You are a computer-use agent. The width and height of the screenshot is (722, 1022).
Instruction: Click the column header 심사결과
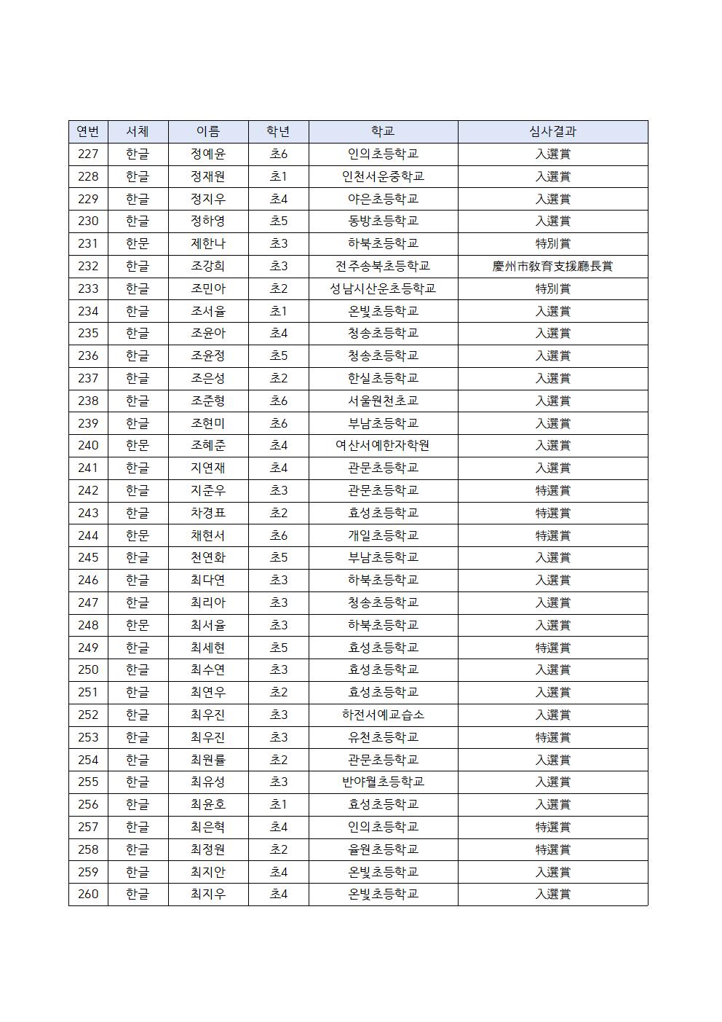point(552,132)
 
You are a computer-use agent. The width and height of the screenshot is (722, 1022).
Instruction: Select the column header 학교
point(383,132)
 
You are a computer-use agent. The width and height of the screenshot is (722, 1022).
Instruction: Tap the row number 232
point(88,267)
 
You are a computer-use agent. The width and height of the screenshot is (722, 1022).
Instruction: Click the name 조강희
point(208,267)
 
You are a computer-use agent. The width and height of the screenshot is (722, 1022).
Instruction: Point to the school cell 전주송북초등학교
point(383,267)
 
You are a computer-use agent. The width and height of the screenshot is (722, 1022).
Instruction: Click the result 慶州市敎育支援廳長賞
point(552,267)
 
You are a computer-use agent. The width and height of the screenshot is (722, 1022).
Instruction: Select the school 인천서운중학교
point(383,177)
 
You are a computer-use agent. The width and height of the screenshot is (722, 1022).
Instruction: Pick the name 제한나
point(208,244)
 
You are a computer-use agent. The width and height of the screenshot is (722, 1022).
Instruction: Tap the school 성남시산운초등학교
point(383,289)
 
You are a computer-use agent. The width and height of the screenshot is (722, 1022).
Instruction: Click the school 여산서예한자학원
point(383,446)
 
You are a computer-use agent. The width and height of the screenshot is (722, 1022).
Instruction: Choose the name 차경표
point(208,513)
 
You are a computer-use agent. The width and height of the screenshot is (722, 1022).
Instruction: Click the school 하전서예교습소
point(383,715)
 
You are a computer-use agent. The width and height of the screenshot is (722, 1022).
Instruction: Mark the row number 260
point(88,895)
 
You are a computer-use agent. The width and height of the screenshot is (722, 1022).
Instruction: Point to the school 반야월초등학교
point(383,782)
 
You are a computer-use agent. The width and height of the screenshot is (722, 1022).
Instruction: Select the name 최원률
point(208,760)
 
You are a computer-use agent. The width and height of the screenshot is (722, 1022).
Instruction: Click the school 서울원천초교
point(383,401)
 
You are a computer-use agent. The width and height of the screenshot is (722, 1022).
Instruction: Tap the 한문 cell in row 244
point(138,535)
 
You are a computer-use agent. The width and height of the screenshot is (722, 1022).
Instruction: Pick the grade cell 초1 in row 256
point(279,805)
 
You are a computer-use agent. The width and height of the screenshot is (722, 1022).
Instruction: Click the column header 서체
point(138,132)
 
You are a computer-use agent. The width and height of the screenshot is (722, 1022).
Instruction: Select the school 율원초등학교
point(383,849)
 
